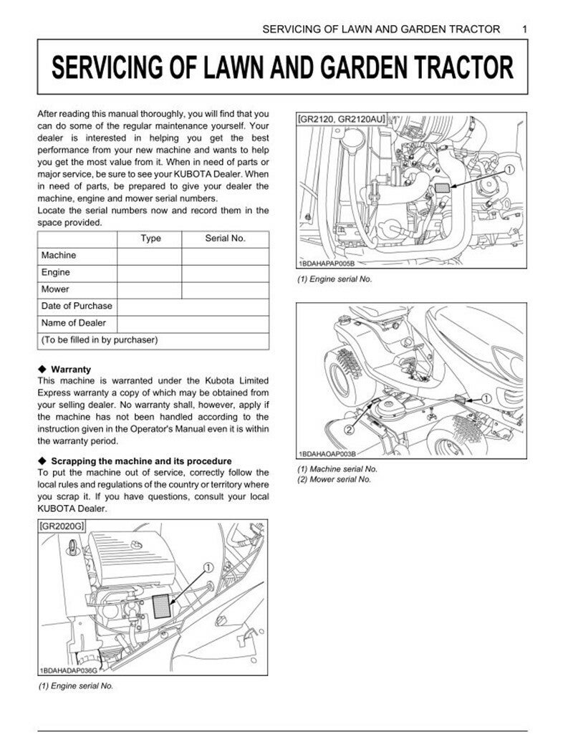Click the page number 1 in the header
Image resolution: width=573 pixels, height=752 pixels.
pyautogui.click(x=525, y=29)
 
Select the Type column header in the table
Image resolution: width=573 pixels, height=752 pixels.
pyautogui.click(x=150, y=238)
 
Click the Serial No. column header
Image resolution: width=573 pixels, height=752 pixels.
pyautogui.click(x=225, y=238)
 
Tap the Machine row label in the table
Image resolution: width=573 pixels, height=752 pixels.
pyautogui.click(x=58, y=256)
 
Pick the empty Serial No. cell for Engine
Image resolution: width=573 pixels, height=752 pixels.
pyautogui.click(x=225, y=273)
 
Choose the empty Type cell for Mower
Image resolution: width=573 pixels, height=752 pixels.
pyautogui.click(x=149, y=290)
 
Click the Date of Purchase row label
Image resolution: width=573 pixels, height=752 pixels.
pyautogui.click(x=77, y=307)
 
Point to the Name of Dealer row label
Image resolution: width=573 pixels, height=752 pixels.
pyautogui.click(x=73, y=323)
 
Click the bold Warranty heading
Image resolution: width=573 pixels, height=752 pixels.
pyautogui.click(x=70, y=370)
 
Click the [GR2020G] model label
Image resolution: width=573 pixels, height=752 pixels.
pyautogui.click(x=62, y=526)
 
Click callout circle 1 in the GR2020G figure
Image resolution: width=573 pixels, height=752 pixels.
pyautogui.click(x=208, y=567)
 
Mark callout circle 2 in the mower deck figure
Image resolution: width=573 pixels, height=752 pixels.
pyautogui.click(x=350, y=430)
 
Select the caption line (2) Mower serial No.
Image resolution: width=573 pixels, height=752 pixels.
pyautogui.click(x=334, y=479)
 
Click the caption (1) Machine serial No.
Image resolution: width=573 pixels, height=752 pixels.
pyautogui.click(x=337, y=469)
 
